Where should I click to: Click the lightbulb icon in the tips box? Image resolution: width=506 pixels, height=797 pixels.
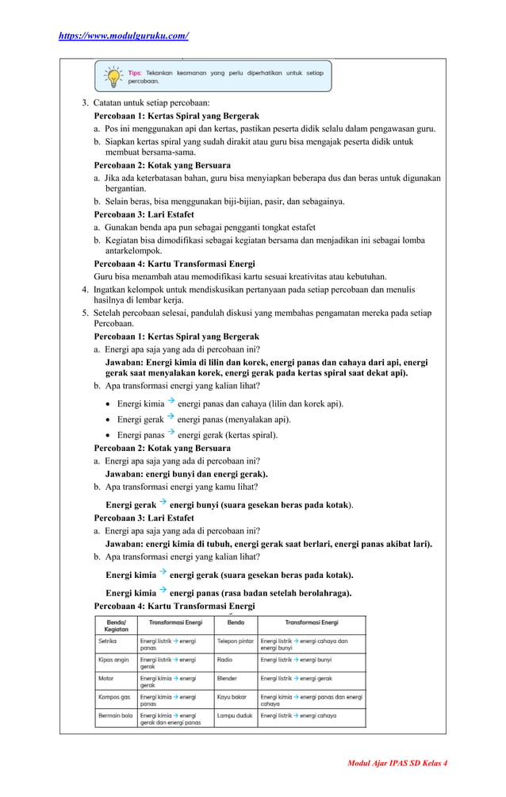[113, 76]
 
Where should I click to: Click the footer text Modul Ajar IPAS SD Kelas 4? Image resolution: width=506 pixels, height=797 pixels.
[397, 763]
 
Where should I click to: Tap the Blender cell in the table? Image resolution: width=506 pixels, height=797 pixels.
[228, 679]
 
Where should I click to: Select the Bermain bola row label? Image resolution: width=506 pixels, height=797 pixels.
[115, 715]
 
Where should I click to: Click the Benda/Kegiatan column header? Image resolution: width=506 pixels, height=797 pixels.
[116, 625]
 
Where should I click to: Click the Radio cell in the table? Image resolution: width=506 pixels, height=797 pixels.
[225, 659]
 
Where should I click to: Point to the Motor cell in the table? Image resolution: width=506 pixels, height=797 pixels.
[105, 679]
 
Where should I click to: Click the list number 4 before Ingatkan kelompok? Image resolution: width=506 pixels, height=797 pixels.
[85, 289]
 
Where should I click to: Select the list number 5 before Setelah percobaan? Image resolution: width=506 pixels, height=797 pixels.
[85, 313]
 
